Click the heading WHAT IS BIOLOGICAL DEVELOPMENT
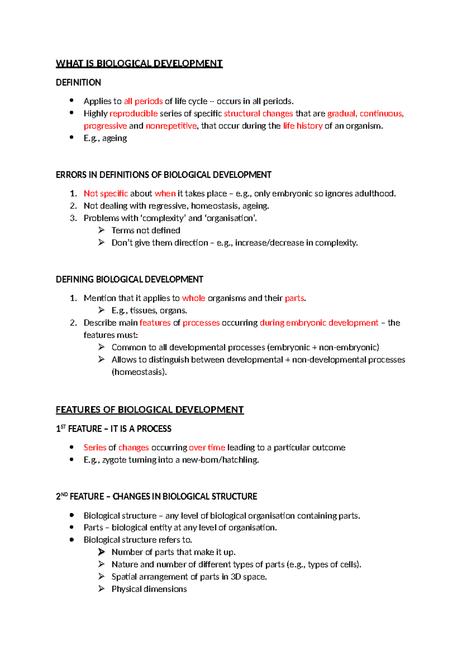coord(139,64)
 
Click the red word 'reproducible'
coord(134,113)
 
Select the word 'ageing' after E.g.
coord(114,138)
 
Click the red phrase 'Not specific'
coord(106,194)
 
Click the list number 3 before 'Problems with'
coord(73,218)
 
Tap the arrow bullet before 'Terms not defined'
coord(101,230)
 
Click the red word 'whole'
coord(193,298)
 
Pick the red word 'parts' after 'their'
coord(295,298)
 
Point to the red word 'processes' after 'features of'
coord(201,323)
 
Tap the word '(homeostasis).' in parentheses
coord(139,372)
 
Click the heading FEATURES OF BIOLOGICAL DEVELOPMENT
coord(150,410)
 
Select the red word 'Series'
coord(95,447)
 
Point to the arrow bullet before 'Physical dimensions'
coord(101,589)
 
